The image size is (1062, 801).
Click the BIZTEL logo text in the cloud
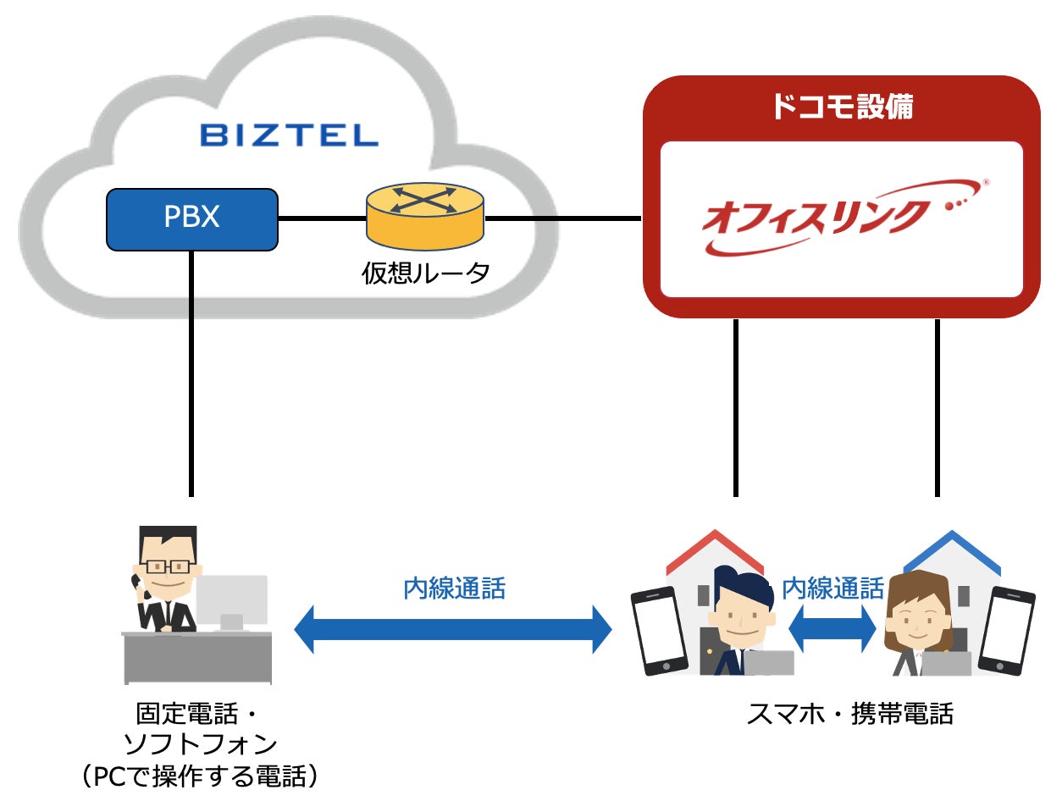(289, 135)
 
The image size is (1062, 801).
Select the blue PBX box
(192, 218)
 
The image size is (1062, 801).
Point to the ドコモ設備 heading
(842, 107)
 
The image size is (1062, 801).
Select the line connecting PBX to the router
(322, 219)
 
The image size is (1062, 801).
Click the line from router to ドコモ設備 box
(562, 219)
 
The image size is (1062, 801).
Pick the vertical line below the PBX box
(192, 373)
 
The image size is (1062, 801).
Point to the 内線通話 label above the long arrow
(454, 588)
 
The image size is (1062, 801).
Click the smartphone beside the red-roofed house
(658, 630)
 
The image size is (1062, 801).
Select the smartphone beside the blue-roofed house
(1006, 630)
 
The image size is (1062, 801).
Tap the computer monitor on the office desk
(233, 600)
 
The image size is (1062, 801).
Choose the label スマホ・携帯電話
(849, 714)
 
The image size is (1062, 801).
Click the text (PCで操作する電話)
(200, 776)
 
